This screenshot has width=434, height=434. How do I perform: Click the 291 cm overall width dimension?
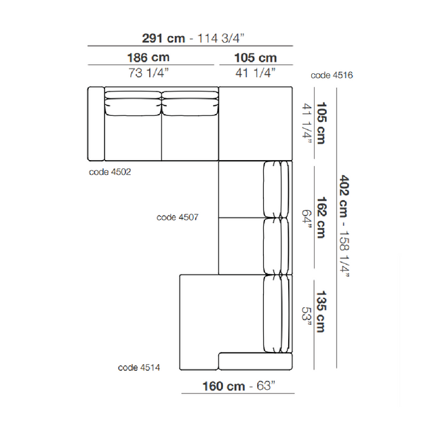[163, 38]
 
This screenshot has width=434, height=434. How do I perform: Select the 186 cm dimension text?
[149, 58]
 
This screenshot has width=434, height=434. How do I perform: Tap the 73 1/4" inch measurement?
[149, 73]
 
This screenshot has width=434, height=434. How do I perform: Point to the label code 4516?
[332, 75]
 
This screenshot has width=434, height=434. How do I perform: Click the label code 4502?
[110, 172]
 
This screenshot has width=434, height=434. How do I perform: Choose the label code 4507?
[178, 217]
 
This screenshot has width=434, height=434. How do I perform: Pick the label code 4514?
[139, 368]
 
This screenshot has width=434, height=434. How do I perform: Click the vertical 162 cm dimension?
[321, 218]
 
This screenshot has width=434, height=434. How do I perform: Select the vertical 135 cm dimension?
[321, 311]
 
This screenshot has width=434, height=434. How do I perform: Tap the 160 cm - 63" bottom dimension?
[239, 386]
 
